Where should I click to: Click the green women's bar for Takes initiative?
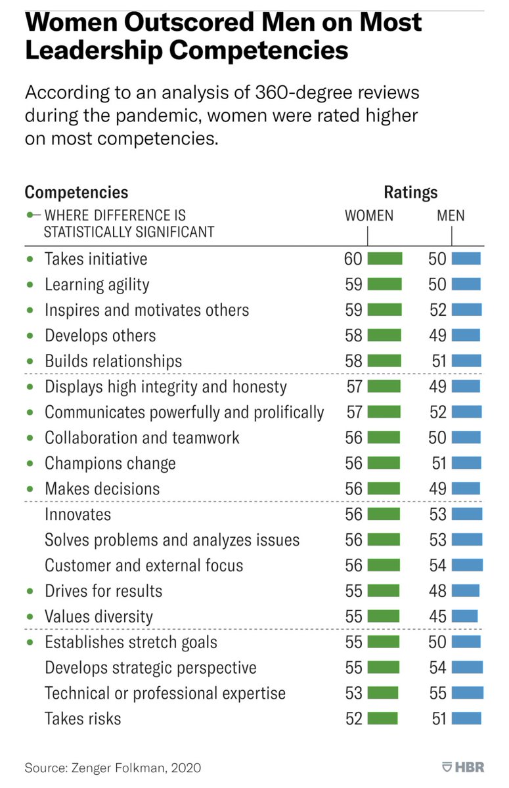[384, 259]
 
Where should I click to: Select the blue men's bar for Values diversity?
[464, 617]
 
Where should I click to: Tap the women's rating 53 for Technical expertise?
[353, 693]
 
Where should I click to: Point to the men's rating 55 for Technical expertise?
[437, 693]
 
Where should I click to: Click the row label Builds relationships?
[113, 361]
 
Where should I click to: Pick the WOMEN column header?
[369, 215]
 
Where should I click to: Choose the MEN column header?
[450, 215]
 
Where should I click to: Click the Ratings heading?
[410, 192]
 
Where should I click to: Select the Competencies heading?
[76, 192]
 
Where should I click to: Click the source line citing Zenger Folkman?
[113, 767]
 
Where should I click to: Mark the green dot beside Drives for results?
[30, 591]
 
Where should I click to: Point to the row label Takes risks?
[83, 718]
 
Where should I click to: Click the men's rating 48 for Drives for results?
[437, 591]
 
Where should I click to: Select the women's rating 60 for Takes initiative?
[353, 259]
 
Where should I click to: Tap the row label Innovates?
[77, 514]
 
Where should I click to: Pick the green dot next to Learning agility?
[30, 284]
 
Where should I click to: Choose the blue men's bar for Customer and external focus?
[467, 565]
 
